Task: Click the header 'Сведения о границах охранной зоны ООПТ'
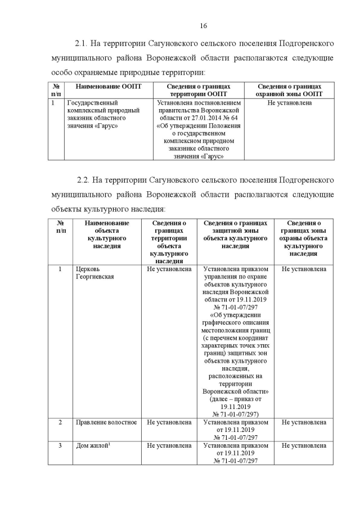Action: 289,91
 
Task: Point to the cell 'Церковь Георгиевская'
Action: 95,273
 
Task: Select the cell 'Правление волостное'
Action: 106,422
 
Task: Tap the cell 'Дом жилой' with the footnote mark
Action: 93,445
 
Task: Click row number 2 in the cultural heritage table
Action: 61,422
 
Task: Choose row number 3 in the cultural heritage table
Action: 61,445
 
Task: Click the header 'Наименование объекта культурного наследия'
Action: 106,235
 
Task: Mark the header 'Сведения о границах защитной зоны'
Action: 235,235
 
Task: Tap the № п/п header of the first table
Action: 56,91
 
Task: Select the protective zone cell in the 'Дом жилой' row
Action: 235,453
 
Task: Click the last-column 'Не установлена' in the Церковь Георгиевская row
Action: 304,269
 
